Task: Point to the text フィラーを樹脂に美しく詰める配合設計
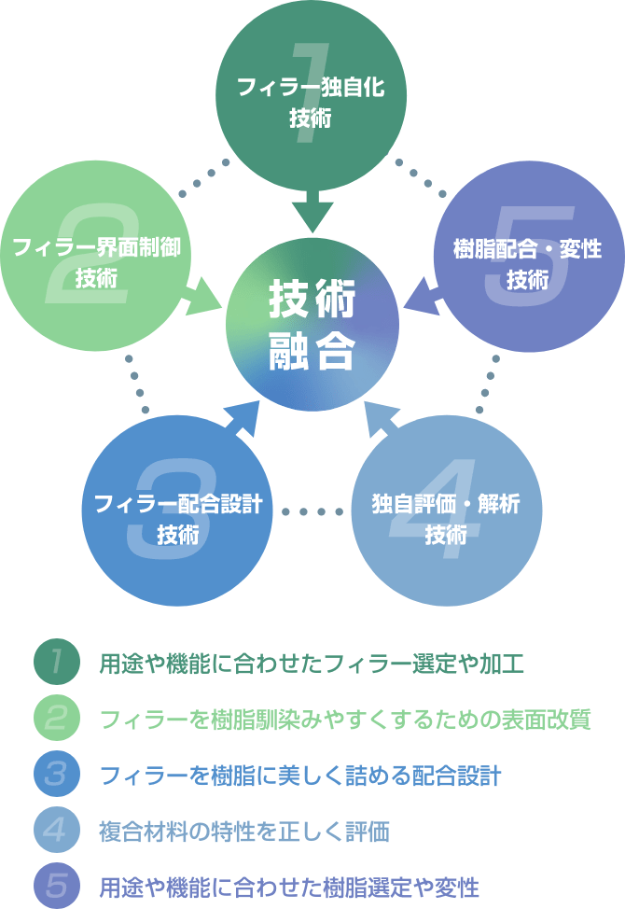coord(299,775)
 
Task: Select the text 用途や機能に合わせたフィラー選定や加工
coord(312,664)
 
